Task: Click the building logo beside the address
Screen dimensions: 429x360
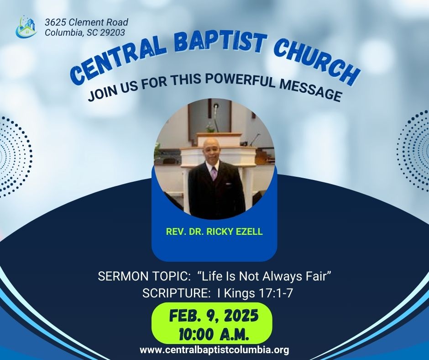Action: click(26, 27)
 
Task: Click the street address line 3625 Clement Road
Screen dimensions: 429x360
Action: click(86, 22)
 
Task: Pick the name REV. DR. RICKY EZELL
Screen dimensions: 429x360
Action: click(214, 232)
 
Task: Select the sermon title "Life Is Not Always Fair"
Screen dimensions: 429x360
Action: click(264, 276)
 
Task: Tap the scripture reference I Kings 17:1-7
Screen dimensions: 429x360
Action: click(255, 293)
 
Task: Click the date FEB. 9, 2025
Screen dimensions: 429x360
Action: click(214, 316)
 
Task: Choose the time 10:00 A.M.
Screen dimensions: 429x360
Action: click(214, 334)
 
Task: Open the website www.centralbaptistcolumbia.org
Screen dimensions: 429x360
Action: click(214, 350)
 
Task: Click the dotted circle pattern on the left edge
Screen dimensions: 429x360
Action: click(15, 157)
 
